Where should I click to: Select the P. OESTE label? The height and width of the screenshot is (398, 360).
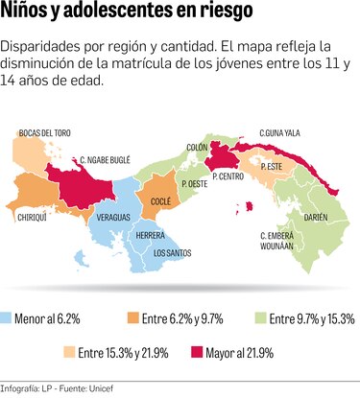pyautogui.click(x=195, y=182)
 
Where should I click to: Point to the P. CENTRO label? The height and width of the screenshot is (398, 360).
pyautogui.click(x=230, y=177)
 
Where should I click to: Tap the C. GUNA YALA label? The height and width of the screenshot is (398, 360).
pyautogui.click(x=282, y=132)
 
